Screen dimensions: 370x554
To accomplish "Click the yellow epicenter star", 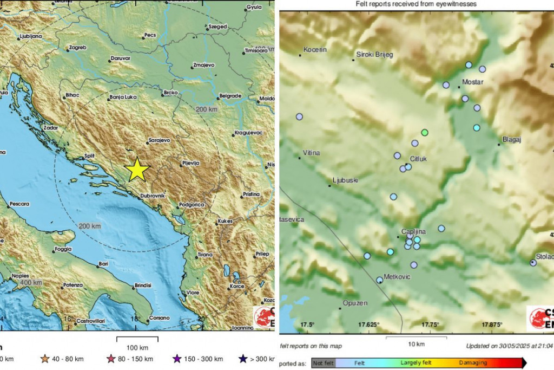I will (x=137, y=170).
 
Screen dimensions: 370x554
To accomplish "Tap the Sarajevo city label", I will (x=160, y=140).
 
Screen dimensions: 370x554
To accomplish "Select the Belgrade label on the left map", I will (x=230, y=96).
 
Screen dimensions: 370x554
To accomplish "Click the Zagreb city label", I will (x=77, y=48).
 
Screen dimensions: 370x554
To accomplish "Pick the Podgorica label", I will (x=193, y=205).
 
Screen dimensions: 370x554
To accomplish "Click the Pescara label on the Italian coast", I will (x=18, y=204).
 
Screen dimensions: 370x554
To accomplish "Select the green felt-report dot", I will (x=425, y=132).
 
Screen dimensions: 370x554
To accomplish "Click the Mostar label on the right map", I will (x=472, y=82).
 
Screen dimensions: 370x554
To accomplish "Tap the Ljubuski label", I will (x=346, y=180).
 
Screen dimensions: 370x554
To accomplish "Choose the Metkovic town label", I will (x=397, y=277).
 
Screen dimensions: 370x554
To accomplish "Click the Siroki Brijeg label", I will (x=374, y=55).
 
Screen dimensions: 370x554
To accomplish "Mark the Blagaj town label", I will (x=511, y=139).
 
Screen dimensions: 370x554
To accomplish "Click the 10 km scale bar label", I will (x=416, y=344).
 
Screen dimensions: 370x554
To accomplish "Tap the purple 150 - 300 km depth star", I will (x=176, y=359).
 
